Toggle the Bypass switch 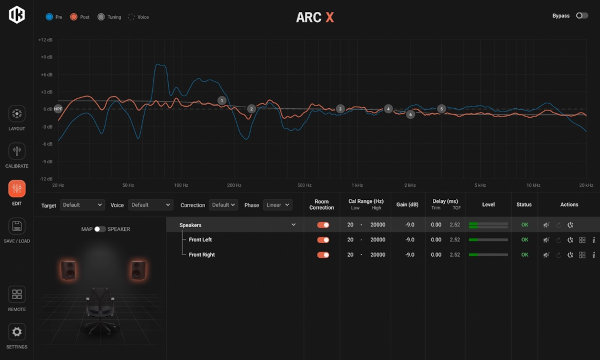[x=581, y=16]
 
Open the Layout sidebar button [x=17, y=114]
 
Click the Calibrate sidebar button [x=17, y=152]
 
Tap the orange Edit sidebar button [x=17, y=189]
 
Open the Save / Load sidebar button [x=17, y=228]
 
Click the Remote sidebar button [x=17, y=295]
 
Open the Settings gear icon [x=17, y=332]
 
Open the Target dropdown [x=81, y=204]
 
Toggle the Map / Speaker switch [x=100, y=229]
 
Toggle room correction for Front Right [x=323, y=255]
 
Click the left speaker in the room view [x=69, y=271]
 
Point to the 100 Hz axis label [x=181, y=185]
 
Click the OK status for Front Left [x=524, y=240]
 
